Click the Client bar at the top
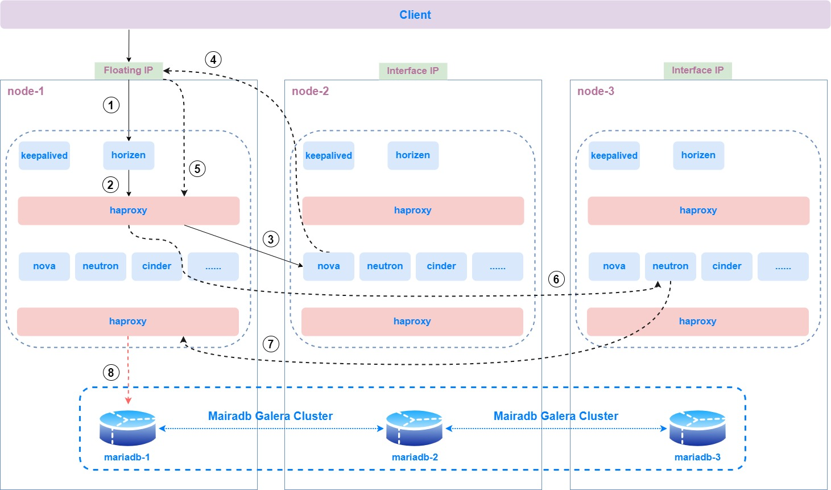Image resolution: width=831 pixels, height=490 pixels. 415,15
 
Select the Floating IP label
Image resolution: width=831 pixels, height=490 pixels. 129,71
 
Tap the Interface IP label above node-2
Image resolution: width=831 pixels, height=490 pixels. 413,71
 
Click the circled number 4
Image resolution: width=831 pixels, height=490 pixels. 213,59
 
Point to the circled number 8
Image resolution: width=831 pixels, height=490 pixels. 111,373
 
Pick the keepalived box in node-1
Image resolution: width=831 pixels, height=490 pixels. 44,155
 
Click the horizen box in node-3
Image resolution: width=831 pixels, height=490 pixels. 698,155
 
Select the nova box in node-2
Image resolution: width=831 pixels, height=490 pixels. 329,266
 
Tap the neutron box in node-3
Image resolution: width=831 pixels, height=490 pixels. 670,266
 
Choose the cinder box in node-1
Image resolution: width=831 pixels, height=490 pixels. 156,266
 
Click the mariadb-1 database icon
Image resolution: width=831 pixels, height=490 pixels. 127,428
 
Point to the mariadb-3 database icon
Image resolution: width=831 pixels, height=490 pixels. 697,428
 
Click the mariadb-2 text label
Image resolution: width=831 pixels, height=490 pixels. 415,458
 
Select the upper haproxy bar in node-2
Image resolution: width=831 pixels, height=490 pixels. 413,211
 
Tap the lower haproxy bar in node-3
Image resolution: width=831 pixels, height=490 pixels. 697,322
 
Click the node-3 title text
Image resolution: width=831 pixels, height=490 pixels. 596,92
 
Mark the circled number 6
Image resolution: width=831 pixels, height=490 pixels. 556,279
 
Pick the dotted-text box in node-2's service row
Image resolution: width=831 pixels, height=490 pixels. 497,266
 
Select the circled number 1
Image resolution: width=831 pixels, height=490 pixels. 111,105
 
